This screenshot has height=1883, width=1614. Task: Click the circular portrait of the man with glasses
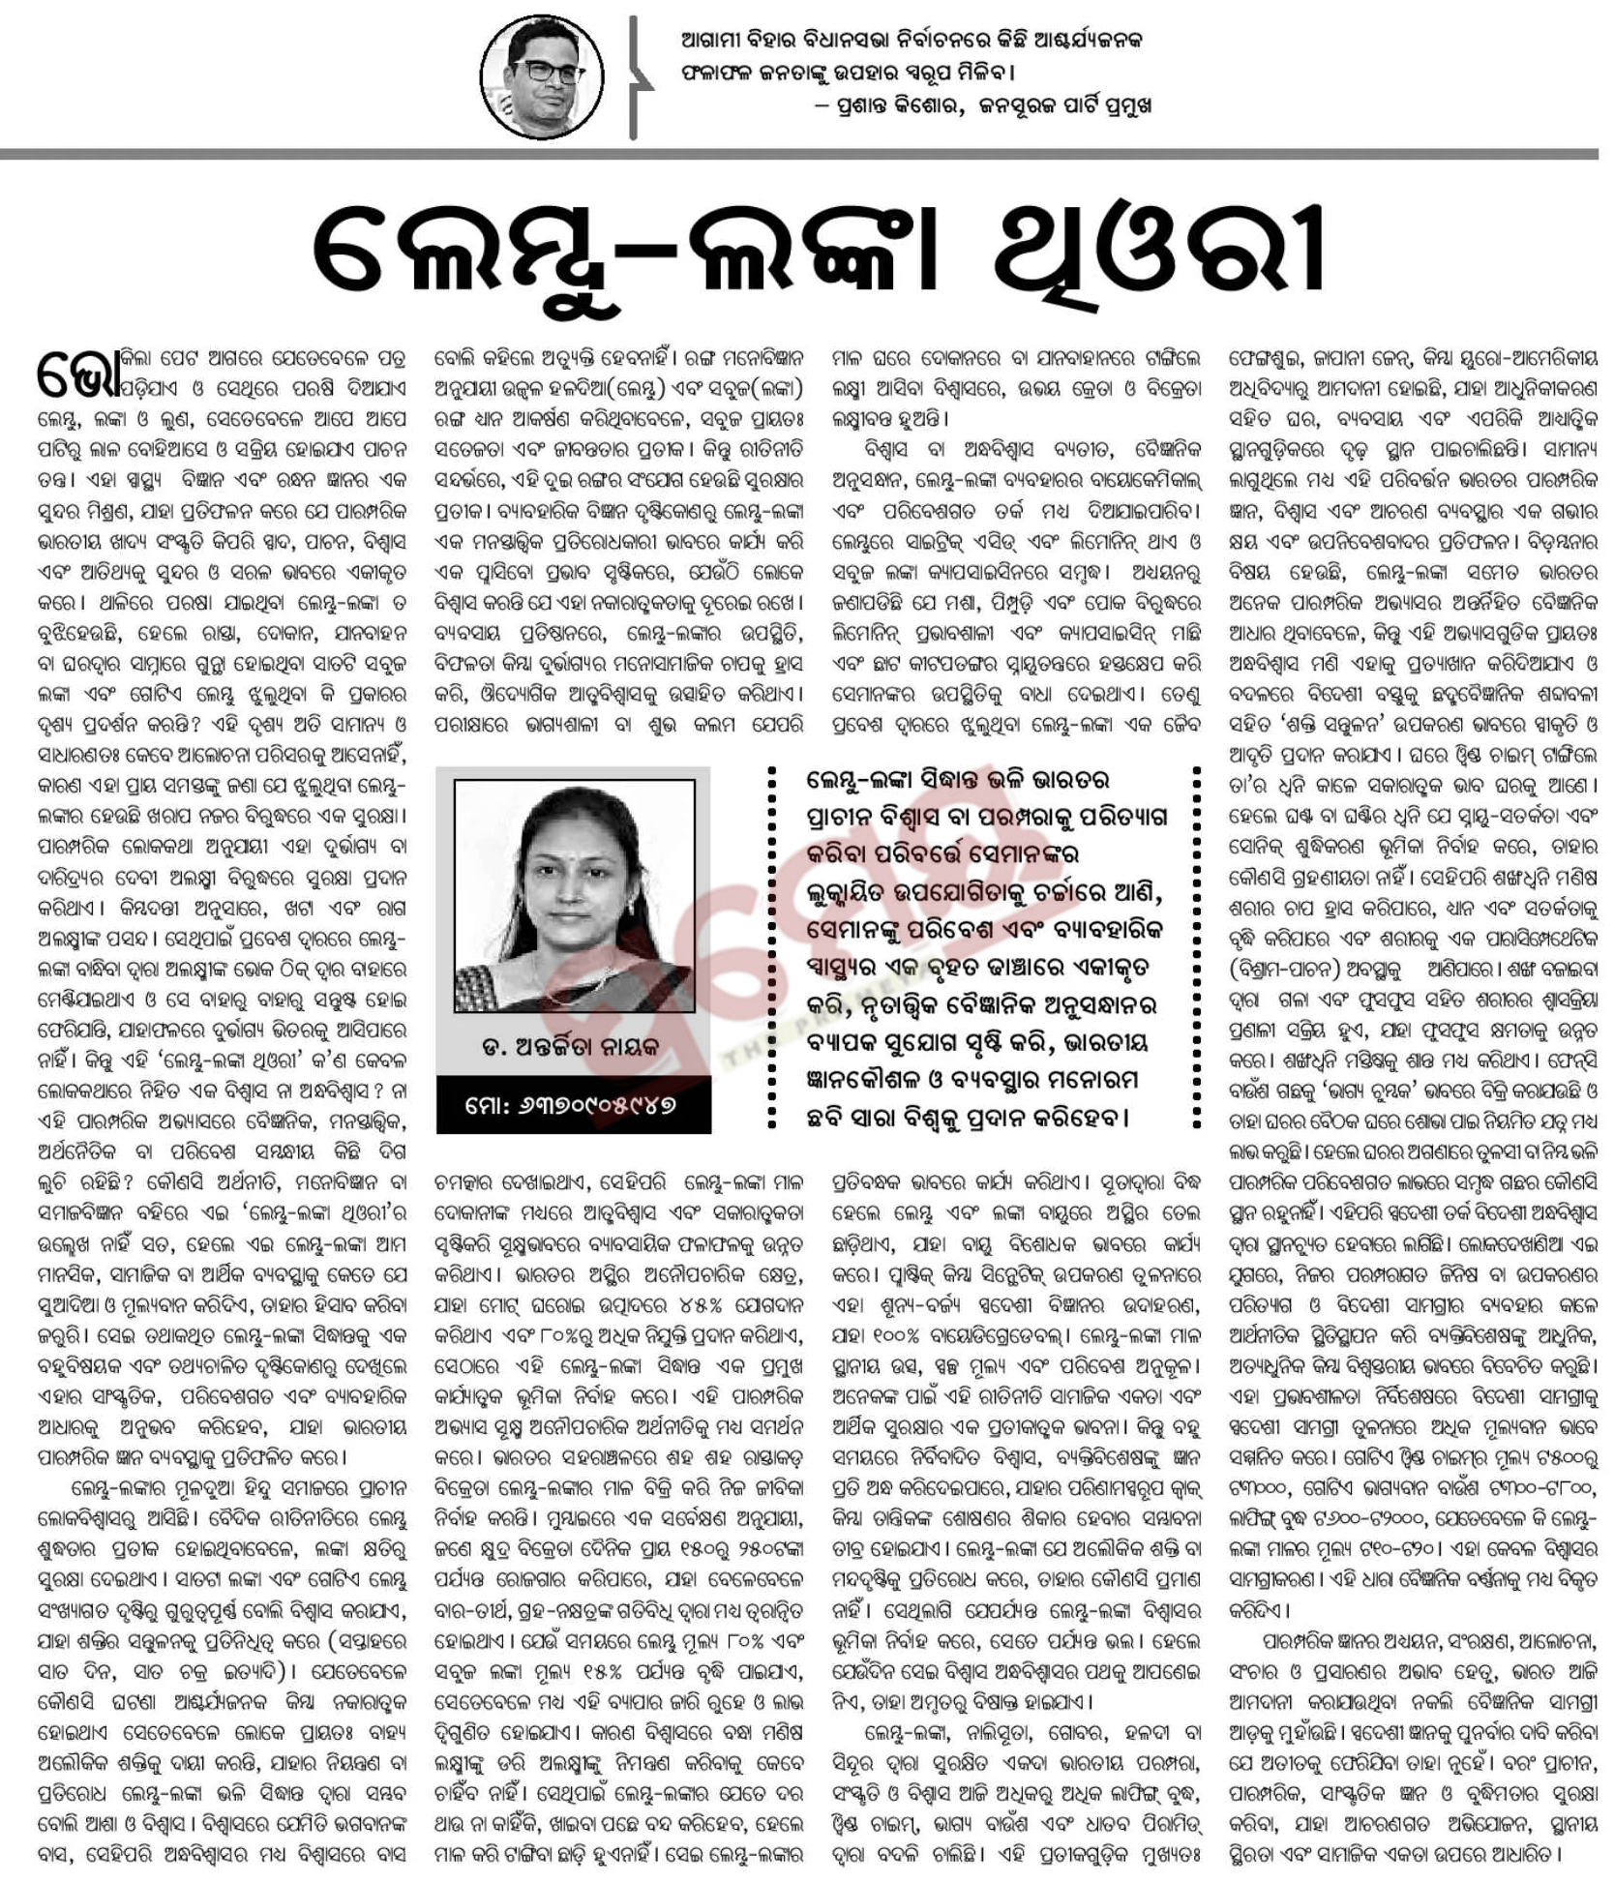[543, 76]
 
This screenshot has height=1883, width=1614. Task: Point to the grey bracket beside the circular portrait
[635, 77]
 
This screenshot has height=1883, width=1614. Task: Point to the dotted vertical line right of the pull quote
[1196, 948]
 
